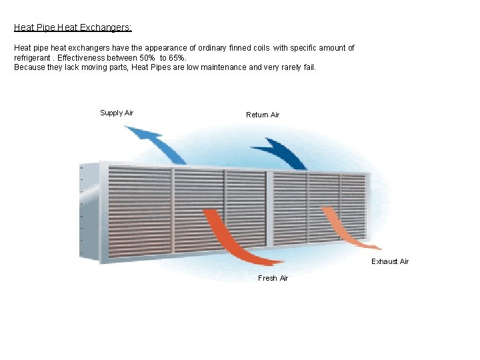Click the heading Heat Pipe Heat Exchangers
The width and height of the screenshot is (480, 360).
coord(73,28)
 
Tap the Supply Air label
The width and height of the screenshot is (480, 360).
coord(117,113)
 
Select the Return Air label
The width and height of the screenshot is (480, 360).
coord(263,115)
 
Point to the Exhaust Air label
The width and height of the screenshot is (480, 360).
coord(390,261)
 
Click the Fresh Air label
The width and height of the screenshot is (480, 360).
coord(273,278)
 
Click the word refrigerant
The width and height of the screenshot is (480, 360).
coord(33,58)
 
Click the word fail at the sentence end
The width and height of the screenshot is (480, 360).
coord(309,67)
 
